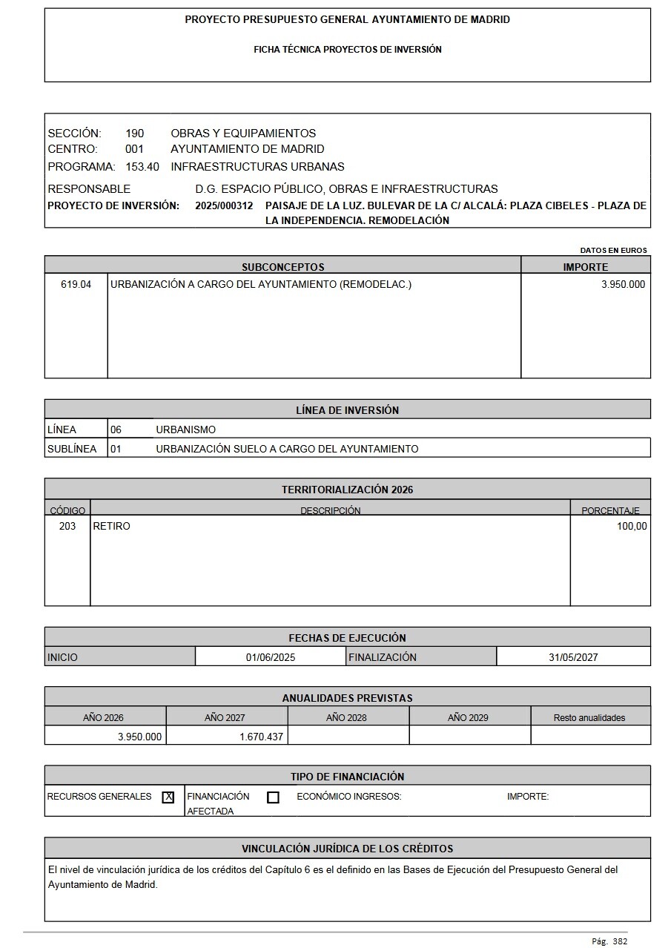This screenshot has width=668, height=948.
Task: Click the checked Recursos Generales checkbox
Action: click(168, 797)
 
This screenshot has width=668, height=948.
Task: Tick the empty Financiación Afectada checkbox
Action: click(273, 797)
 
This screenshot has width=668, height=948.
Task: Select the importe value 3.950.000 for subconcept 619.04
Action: click(623, 284)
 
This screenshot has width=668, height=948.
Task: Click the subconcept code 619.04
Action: click(76, 284)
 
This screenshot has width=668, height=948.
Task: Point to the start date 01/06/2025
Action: click(271, 657)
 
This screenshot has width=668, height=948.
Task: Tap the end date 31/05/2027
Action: click(573, 657)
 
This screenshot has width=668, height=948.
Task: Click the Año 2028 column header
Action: click(346, 717)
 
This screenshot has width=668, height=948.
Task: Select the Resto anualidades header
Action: click(589, 717)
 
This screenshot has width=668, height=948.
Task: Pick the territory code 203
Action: click(67, 526)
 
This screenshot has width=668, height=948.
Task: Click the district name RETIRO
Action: click(111, 526)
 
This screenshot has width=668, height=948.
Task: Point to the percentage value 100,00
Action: click(632, 526)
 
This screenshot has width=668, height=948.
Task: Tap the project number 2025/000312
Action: click(224, 205)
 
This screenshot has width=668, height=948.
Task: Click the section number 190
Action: click(135, 134)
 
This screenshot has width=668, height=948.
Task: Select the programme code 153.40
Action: click(142, 167)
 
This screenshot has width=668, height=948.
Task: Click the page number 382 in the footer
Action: click(620, 941)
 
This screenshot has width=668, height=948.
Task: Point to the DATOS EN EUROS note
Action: click(613, 251)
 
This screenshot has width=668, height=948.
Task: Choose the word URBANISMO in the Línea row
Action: click(185, 429)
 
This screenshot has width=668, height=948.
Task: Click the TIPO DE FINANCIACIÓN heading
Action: click(347, 777)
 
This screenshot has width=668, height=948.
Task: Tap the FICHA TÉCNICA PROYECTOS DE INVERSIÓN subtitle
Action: click(347, 50)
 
